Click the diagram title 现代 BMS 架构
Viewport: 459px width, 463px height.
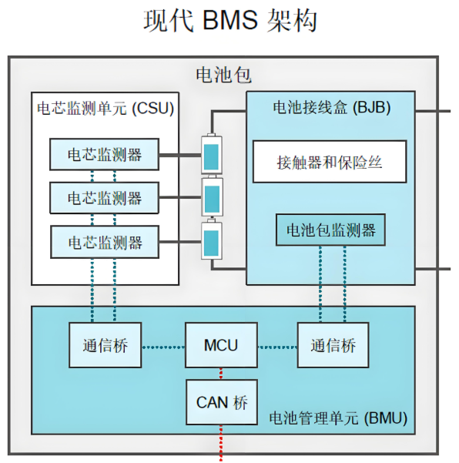(x=229, y=21)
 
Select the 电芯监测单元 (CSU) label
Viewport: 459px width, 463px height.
(x=105, y=108)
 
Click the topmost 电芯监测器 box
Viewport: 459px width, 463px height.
(x=105, y=154)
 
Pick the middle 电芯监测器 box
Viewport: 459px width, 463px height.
(x=105, y=198)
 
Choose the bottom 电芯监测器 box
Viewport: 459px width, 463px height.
(x=105, y=242)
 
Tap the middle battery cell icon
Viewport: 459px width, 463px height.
(x=210, y=198)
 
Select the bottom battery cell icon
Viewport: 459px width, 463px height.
(x=210, y=242)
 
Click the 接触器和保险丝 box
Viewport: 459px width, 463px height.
(x=330, y=162)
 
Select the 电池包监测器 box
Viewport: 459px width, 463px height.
(x=330, y=230)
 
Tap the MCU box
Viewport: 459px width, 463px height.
(x=221, y=345)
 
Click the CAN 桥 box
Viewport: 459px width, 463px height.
(x=221, y=401)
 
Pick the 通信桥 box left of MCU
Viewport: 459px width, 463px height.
(x=105, y=345)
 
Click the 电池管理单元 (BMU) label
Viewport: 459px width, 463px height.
(x=338, y=420)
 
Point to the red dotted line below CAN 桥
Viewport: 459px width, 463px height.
(x=221, y=443)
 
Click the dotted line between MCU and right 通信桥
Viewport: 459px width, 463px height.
(x=277, y=345)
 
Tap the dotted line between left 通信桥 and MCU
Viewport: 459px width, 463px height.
(x=162, y=345)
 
